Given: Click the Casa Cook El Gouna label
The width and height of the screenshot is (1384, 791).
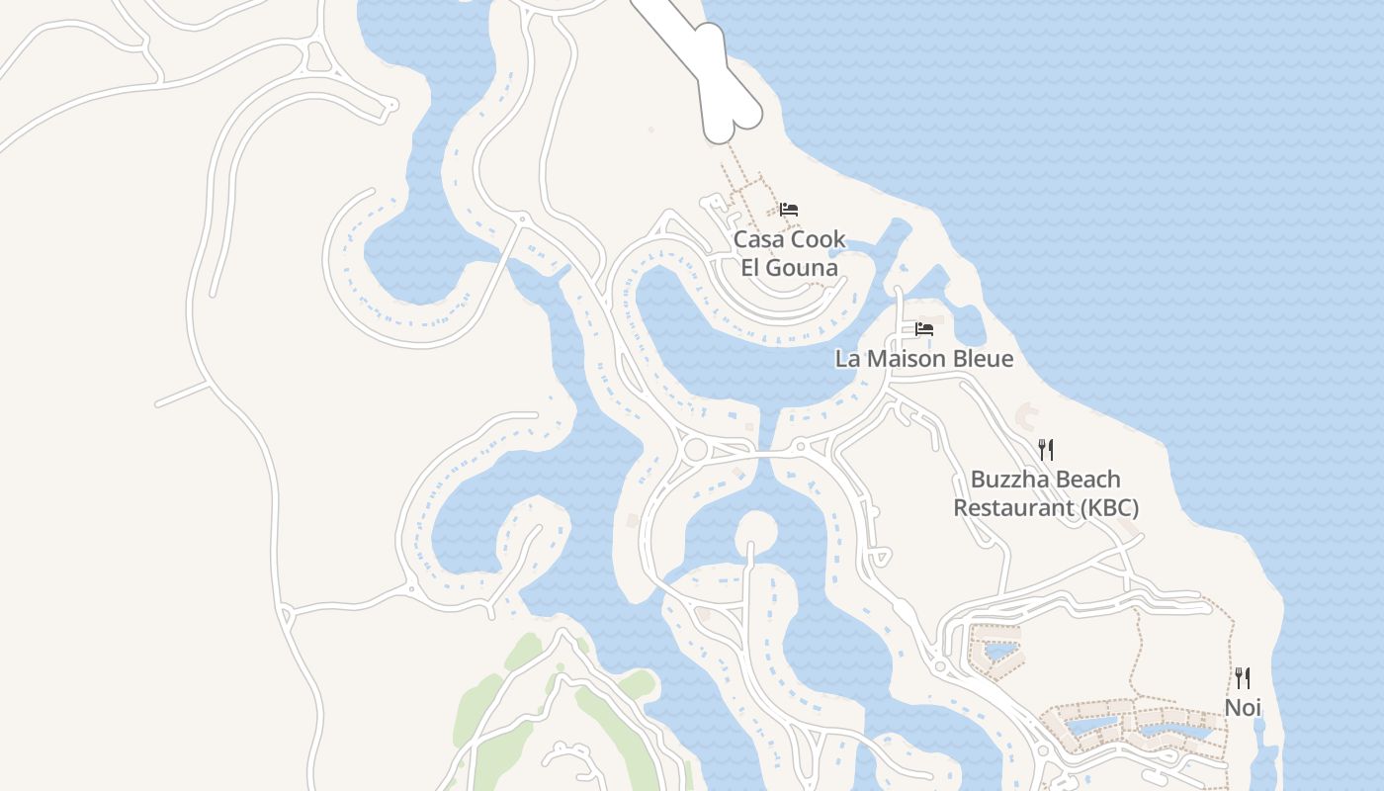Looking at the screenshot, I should [x=790, y=253].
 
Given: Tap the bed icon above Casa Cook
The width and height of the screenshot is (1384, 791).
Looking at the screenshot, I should [x=788, y=210].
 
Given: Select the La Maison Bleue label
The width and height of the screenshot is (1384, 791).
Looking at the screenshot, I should [x=924, y=359].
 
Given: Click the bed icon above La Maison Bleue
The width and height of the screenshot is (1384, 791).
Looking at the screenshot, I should [x=924, y=329].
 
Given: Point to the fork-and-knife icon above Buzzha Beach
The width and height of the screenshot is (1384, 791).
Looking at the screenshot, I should [x=1046, y=450].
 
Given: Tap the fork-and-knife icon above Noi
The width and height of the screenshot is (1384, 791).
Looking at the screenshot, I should [x=1243, y=678].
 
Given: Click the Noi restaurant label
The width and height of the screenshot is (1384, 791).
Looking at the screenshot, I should [x=1243, y=708].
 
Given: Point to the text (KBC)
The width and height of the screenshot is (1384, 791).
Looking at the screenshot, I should [x=1108, y=508].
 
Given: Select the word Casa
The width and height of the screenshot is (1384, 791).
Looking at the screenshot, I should [x=757, y=239].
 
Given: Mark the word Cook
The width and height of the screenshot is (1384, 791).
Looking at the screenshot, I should [x=817, y=239].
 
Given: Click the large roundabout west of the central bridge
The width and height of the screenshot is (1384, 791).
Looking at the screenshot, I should [x=696, y=450].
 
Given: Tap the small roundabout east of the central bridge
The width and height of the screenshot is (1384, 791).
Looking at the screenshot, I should [x=802, y=448].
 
